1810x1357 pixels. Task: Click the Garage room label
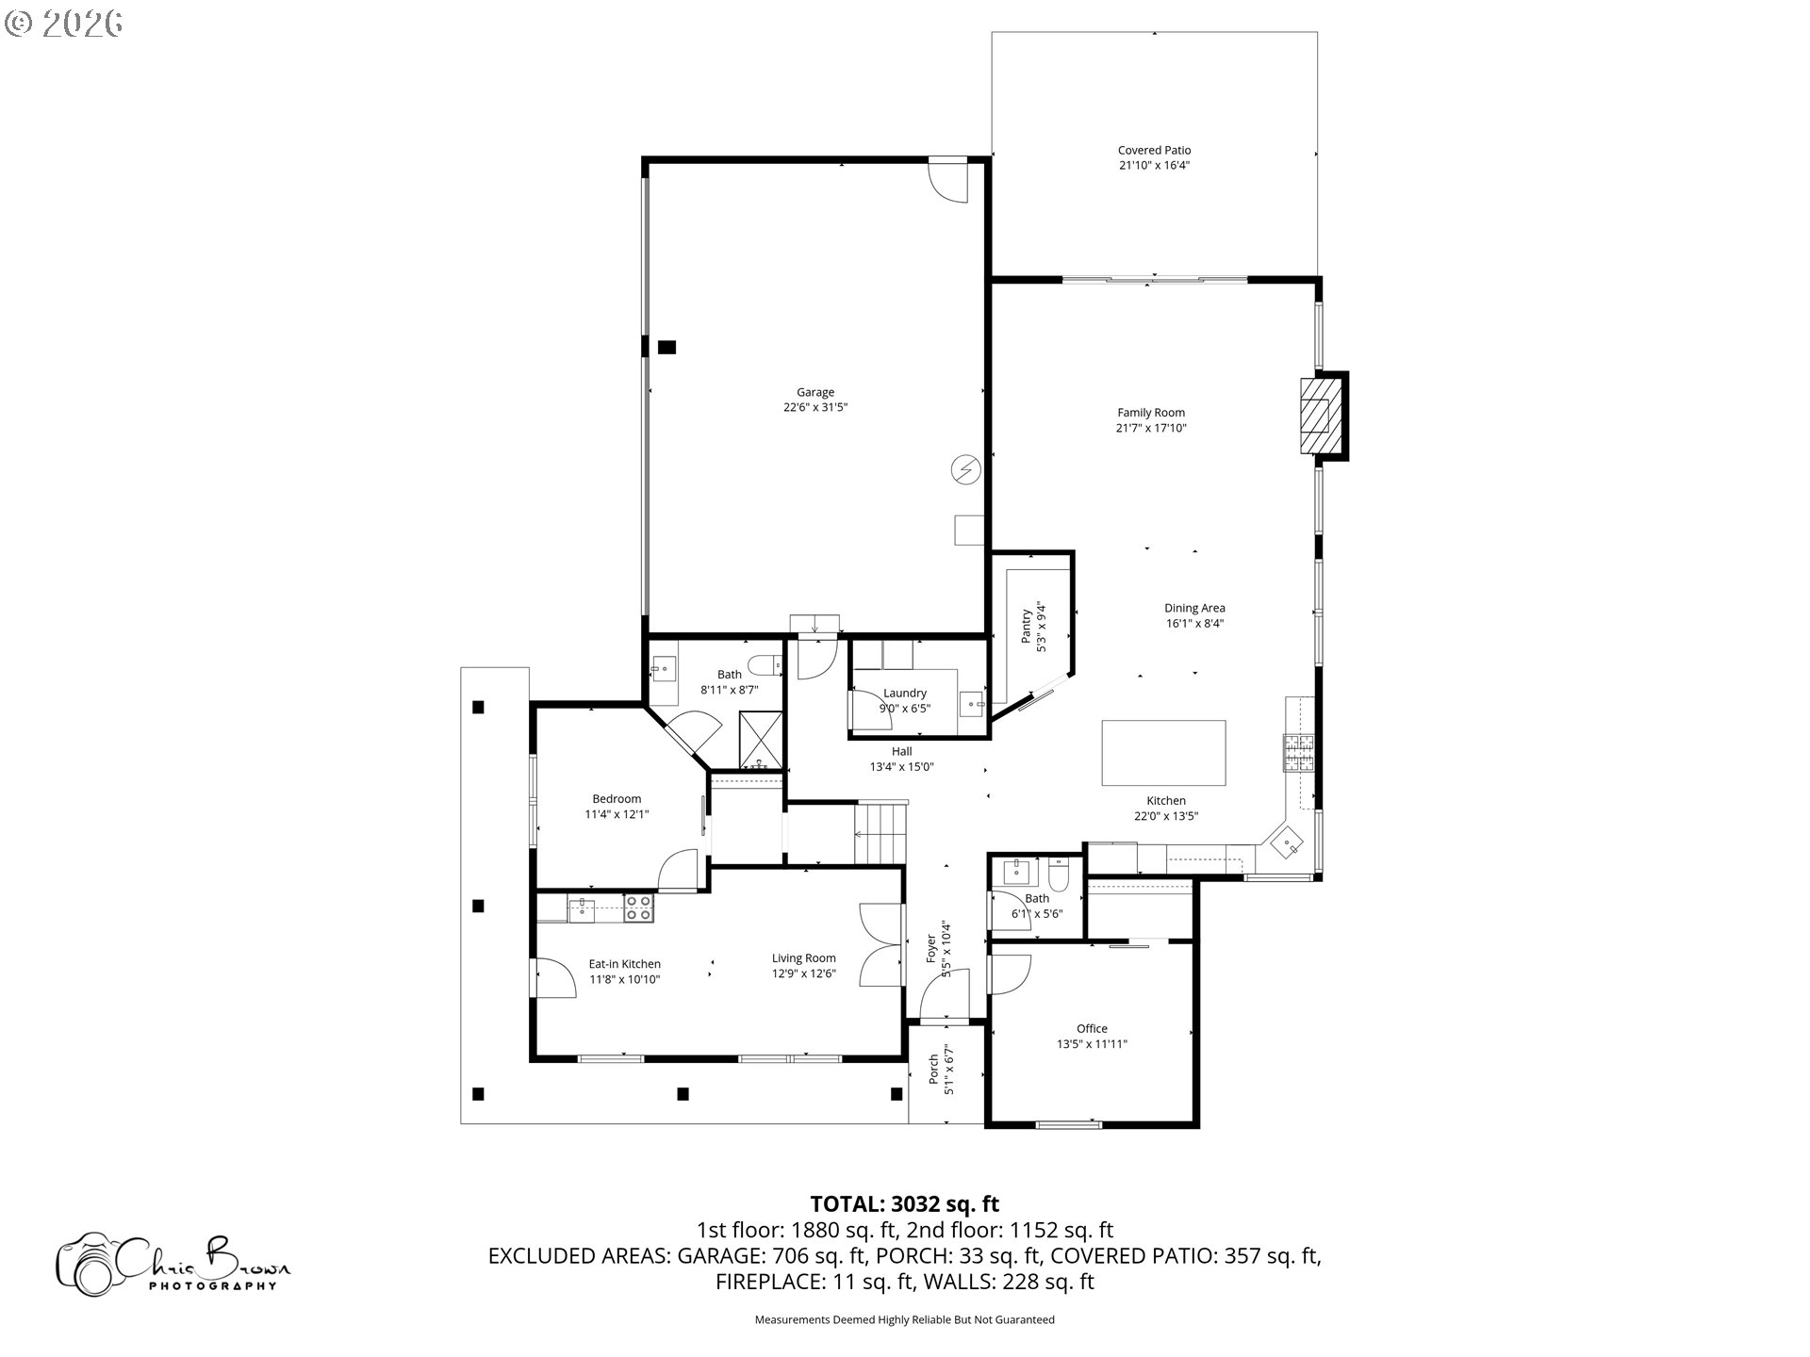click(815, 392)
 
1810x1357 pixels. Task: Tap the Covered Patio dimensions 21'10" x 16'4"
click(1154, 166)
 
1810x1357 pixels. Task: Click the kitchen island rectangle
click(1163, 753)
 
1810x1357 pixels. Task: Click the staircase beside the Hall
click(880, 833)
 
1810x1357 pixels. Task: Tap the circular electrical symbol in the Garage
click(965, 468)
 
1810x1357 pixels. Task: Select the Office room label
click(1092, 1028)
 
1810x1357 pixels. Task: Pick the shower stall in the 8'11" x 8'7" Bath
click(760, 742)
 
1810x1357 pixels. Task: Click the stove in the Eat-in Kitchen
click(638, 907)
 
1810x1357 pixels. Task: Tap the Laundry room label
click(904, 693)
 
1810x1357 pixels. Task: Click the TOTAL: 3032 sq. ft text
click(904, 1203)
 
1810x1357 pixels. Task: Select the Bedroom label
click(617, 798)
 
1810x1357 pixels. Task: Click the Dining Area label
click(1194, 608)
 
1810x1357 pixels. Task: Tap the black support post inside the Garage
click(666, 347)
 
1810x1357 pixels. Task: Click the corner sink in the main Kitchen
click(1287, 842)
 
